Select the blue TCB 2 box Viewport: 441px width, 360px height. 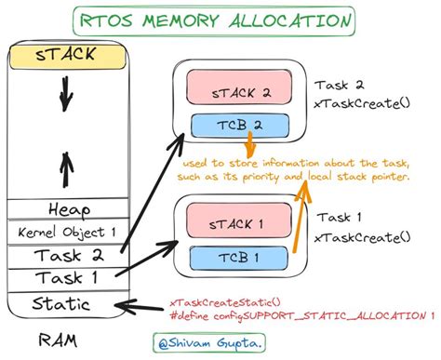click(x=240, y=126)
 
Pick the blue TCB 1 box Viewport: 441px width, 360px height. click(x=240, y=256)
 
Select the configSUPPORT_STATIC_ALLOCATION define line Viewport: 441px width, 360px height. click(x=301, y=317)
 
